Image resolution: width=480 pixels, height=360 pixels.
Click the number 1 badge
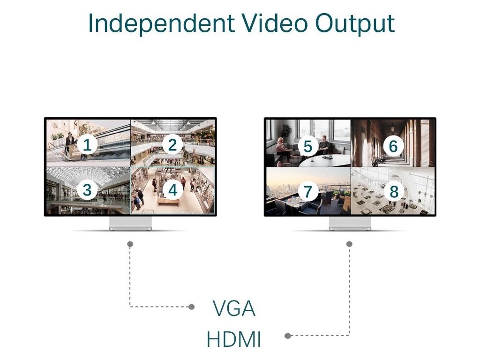[87, 145]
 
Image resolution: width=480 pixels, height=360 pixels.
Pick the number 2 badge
[172, 145]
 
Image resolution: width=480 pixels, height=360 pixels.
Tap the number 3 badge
[87, 190]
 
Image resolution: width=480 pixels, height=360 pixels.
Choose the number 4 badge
[173, 190]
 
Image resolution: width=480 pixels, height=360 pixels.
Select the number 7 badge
[307, 191]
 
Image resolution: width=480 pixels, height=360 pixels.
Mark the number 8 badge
[394, 191]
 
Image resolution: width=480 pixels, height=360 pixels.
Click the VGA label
[234, 308]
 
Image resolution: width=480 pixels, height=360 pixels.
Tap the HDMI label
[233, 339]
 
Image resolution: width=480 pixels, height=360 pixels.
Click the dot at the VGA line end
[191, 307]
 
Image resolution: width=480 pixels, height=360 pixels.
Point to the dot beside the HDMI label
[288, 336]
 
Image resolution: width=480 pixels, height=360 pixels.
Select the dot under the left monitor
[130, 244]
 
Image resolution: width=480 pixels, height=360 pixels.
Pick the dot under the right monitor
[349, 244]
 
